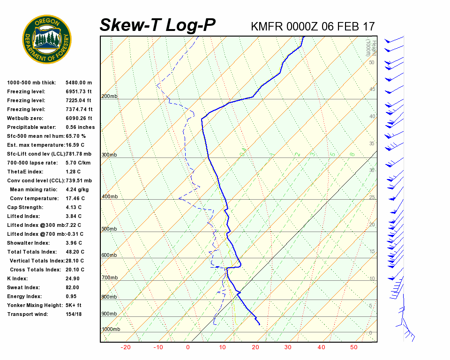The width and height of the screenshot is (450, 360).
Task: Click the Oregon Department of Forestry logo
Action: pos(47,39)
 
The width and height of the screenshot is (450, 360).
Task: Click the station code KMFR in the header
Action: pos(266,26)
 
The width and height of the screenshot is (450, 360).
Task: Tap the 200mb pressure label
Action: pos(109,97)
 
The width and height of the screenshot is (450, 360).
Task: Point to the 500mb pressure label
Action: pos(109,229)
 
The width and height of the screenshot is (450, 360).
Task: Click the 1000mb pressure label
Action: pos(111,330)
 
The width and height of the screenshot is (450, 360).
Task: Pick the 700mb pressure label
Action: pos(109,278)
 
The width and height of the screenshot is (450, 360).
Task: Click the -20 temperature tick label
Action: pos(126,347)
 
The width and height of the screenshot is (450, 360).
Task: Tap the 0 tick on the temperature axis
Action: pos(188,347)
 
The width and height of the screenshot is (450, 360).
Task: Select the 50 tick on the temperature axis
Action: pos(353,347)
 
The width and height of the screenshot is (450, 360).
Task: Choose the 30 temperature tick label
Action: pos(287,347)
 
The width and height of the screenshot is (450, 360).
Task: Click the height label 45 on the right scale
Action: pos(372,90)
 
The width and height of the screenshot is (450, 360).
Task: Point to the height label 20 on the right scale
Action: pos(372,225)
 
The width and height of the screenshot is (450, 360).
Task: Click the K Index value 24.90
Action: pos(73,278)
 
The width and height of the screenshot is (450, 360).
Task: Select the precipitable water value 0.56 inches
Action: pos(80,127)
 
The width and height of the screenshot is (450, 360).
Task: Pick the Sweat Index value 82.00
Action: pos(73,287)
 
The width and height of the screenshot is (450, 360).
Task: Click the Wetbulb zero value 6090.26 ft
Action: pos(79,118)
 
